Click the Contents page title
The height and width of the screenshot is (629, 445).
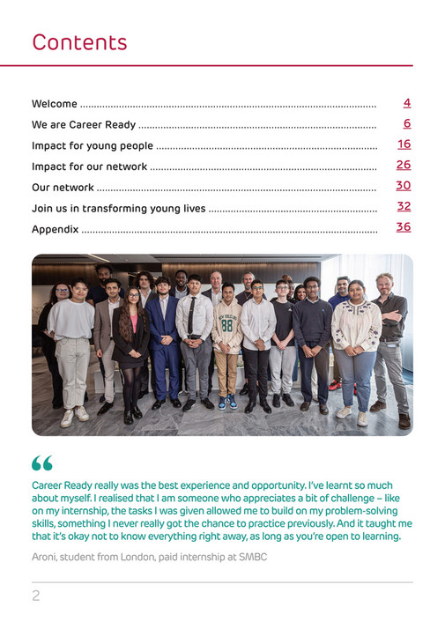[x=79, y=42]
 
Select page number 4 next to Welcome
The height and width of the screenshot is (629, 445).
[x=406, y=103]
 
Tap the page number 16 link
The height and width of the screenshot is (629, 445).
[x=404, y=144]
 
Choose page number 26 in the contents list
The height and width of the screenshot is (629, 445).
[x=404, y=165]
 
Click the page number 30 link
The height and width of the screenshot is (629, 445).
[x=404, y=186]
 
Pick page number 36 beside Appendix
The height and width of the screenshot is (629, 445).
[x=404, y=227]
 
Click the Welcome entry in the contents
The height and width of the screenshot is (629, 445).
[x=55, y=104]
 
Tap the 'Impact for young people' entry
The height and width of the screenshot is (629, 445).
[x=93, y=145]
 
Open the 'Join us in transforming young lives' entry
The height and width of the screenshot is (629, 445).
[x=119, y=209]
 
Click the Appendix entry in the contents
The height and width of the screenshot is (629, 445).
[x=55, y=229]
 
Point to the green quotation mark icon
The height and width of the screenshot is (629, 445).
[x=41, y=463]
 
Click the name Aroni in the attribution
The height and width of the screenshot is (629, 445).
[x=46, y=558]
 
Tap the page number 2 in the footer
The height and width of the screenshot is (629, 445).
[x=36, y=596]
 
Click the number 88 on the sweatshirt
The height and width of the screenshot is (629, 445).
[x=228, y=324]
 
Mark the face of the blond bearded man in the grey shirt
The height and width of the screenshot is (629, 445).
[x=384, y=283]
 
